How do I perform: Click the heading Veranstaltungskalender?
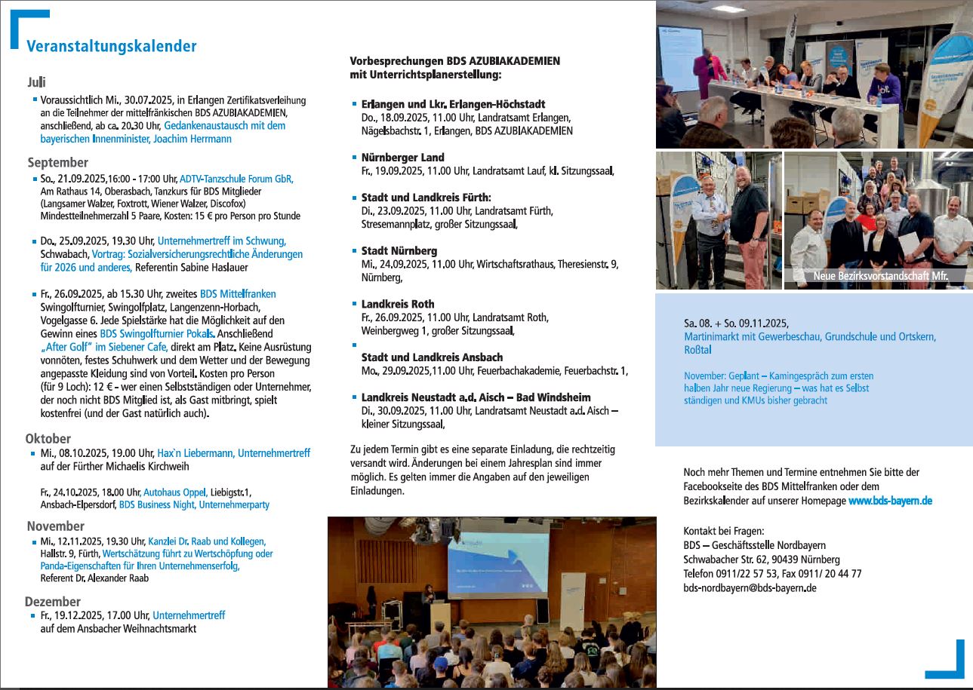112,47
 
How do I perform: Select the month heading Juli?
37,81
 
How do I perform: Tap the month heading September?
58,162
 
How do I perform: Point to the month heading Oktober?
48,438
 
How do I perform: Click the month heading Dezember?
53,601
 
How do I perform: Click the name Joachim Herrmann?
195,139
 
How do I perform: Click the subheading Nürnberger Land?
402,158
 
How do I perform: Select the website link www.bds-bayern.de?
890,501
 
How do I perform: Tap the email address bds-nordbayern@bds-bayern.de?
750,587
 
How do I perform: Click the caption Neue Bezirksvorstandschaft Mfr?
879,277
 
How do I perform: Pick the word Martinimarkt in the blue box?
710,337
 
